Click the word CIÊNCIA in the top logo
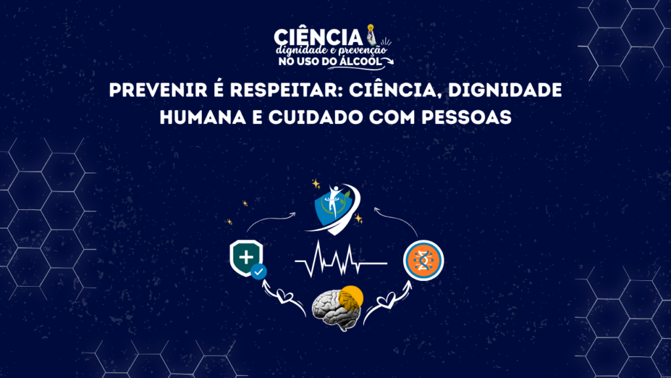[318, 37]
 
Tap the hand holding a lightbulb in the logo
[372, 35]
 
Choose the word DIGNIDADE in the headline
[505, 90]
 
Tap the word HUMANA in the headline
[203, 117]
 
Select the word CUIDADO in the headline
[316, 117]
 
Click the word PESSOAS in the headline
[467, 117]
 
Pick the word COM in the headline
[393, 117]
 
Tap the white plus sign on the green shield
[246, 257]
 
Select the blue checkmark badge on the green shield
[258, 272]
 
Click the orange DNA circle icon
[424, 260]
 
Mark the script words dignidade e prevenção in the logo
[331, 50]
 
